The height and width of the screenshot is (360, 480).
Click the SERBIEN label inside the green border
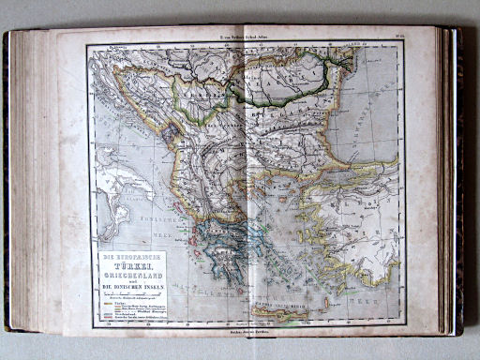(204, 94)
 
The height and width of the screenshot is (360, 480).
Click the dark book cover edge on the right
(458, 178)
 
